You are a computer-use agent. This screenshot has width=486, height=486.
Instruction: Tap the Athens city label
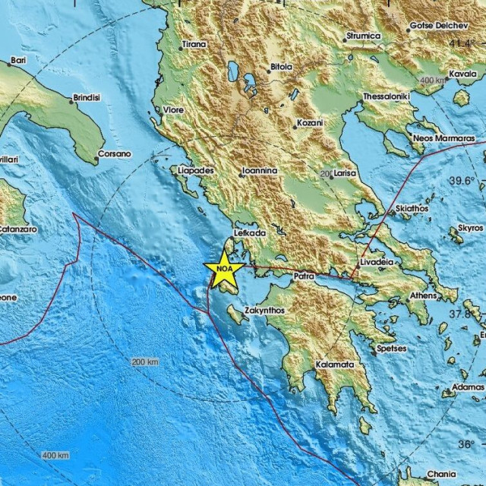coord(423,296)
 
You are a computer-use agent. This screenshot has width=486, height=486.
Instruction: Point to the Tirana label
coord(195,45)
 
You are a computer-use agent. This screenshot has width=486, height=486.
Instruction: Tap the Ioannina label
coord(258,172)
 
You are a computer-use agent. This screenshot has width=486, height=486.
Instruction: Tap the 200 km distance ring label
coord(145,361)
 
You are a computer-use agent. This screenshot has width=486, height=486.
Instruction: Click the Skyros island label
coord(470,227)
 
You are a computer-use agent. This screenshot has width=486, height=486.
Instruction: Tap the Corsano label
coord(115,153)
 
